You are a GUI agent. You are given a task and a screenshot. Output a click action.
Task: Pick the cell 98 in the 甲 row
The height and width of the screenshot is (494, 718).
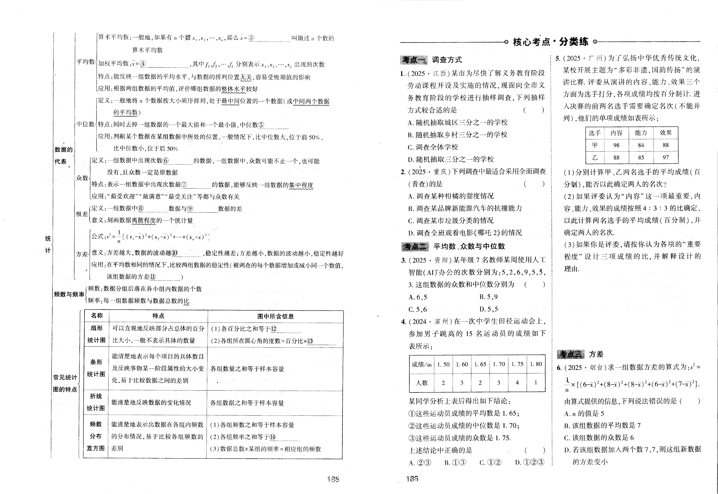616,145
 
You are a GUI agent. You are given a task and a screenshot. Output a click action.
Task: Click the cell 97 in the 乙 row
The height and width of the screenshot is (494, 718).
665,158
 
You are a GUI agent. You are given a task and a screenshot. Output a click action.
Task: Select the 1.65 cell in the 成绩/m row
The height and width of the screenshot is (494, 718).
480,364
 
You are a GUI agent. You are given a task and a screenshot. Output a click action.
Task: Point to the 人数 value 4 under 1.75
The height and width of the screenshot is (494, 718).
517,383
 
